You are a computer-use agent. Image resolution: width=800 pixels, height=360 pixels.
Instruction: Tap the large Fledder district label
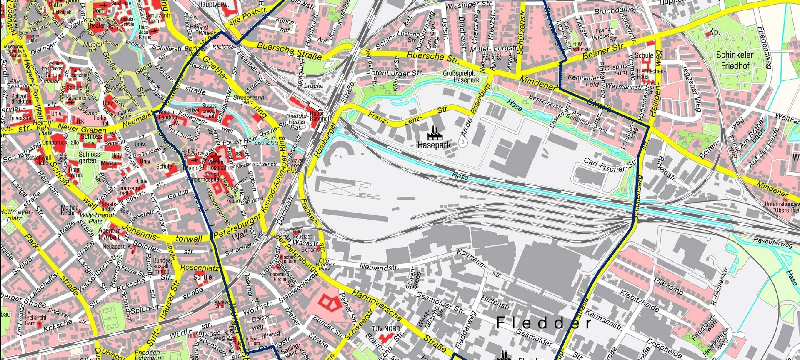point(544,323)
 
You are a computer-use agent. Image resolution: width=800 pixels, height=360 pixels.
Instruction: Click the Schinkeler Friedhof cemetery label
point(735,60)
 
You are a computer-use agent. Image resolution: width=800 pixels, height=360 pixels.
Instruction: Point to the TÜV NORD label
point(386,329)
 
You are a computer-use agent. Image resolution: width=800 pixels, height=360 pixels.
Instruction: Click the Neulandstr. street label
point(379,267)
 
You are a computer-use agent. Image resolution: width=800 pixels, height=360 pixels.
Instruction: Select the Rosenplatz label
point(199,267)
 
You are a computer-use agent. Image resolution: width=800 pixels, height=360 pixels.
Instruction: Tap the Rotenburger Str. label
point(394,73)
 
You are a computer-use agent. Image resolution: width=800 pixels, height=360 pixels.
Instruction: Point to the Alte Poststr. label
point(247,17)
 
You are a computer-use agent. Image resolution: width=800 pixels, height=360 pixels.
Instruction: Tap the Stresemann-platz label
point(248,100)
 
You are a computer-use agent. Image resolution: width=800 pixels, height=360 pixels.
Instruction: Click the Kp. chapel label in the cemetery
point(714,32)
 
